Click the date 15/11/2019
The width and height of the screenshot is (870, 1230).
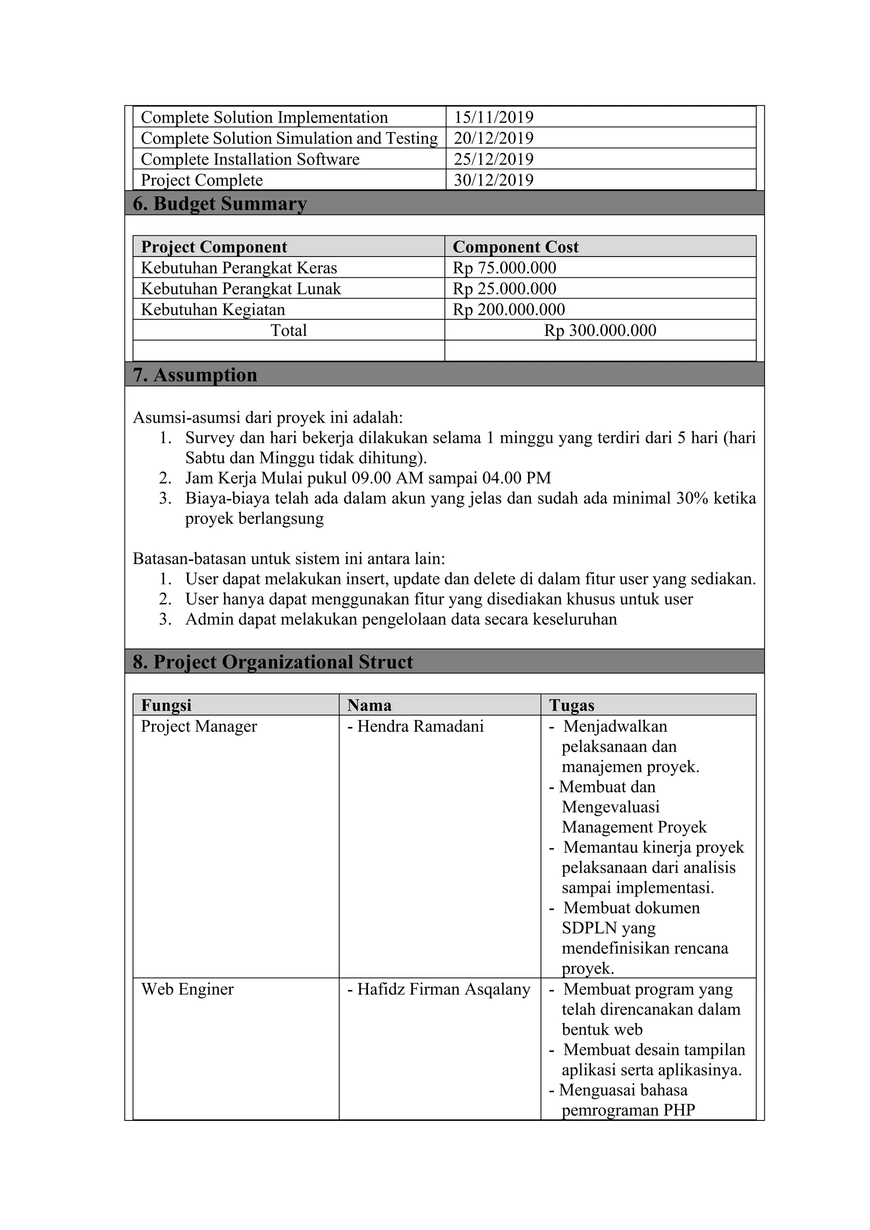point(493,117)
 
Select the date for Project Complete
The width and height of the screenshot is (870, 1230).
point(493,180)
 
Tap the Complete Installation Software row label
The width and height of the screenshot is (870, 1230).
point(250,159)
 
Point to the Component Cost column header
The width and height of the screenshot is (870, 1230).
point(515,247)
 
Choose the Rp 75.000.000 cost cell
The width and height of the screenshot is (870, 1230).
point(504,268)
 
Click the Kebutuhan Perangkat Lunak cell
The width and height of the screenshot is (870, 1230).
point(240,289)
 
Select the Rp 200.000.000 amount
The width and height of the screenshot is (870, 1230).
point(508,310)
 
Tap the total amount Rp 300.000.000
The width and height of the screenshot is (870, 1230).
point(600,330)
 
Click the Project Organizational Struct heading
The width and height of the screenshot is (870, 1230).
point(273,662)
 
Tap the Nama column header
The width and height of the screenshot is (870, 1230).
point(369,705)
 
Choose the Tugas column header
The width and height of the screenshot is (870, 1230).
point(572,705)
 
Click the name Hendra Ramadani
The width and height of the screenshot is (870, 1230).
point(420,726)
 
